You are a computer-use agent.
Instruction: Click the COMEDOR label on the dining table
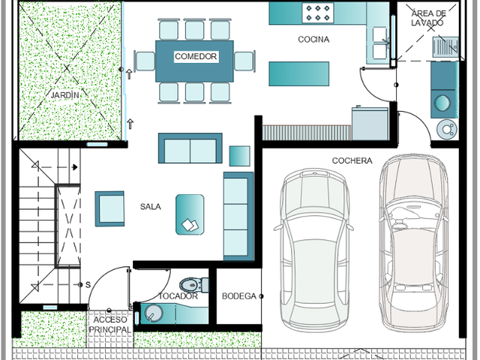(196, 57)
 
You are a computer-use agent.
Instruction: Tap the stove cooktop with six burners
(318, 13)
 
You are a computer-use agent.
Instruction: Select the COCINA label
(313, 40)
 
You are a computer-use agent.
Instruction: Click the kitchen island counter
(298, 73)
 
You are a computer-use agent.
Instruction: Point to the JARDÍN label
(65, 95)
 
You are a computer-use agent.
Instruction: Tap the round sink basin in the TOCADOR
(153, 313)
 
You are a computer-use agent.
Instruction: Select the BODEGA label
(238, 296)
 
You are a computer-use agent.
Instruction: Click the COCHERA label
(352, 160)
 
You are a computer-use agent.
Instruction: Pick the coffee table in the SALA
(190, 214)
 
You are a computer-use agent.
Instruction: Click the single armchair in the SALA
(109, 208)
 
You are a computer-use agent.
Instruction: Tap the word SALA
(150, 207)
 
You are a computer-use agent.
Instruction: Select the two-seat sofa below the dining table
(190, 148)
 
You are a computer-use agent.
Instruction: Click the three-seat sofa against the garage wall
(238, 217)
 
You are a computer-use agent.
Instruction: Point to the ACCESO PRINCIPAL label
(110, 325)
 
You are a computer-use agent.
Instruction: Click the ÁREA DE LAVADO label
(428, 18)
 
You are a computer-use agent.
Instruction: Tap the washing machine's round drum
(442, 103)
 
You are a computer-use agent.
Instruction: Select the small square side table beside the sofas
(240, 156)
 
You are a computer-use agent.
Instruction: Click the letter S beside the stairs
(88, 285)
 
